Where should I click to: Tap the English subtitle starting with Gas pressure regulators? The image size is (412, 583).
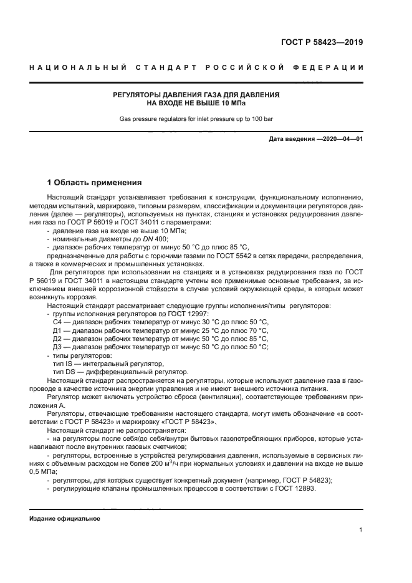tap(196, 118)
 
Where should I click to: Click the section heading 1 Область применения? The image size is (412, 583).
tap(95, 183)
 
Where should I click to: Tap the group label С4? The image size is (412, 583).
tap(58, 322)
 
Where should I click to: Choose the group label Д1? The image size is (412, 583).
tap(58, 330)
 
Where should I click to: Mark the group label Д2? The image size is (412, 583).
tap(58, 339)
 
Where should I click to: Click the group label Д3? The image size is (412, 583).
tap(58, 347)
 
